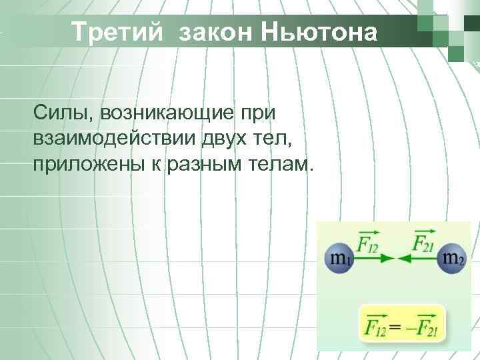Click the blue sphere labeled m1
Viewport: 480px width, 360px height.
click(x=339, y=258)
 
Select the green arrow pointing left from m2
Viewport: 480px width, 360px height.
click(x=416, y=258)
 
